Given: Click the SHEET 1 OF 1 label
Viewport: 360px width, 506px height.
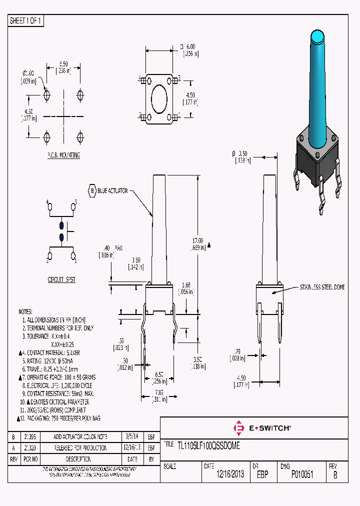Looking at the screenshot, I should tap(26, 20).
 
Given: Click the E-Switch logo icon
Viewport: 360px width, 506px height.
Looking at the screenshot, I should tap(238, 428).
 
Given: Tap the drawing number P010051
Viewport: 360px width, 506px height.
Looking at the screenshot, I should tap(302, 474).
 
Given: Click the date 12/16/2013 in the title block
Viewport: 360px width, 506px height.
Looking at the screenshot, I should tap(230, 474).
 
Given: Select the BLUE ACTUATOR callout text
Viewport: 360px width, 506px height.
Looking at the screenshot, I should tap(113, 190).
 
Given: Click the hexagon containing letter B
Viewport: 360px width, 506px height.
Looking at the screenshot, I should tap(91, 190).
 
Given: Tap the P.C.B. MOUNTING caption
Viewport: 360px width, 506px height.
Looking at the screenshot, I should tap(63, 155).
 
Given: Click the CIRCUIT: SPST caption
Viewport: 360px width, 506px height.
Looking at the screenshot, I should tap(62, 280).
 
